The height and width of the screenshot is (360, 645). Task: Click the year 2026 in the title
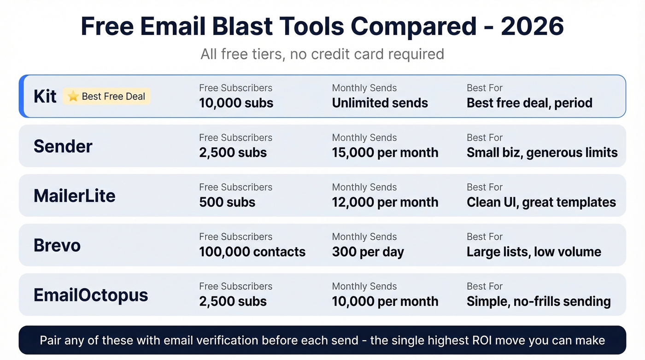[532, 26]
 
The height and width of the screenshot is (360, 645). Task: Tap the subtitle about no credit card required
[322, 54]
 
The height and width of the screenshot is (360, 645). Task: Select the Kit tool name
[45, 96]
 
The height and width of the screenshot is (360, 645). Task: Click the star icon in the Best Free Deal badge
[73, 96]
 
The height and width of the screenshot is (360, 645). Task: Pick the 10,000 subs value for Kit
[236, 103]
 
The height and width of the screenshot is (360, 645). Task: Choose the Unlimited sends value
[380, 103]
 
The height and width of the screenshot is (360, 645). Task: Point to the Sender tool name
[63, 146]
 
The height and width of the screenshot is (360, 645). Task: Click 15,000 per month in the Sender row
[385, 153]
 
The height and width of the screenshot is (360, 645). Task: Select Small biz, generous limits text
[542, 153]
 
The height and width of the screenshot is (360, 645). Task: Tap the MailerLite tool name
[75, 195]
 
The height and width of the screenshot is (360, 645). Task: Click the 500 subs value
[227, 202]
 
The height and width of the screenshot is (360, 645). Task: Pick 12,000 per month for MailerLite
[385, 202]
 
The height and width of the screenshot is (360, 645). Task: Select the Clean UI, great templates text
[541, 202]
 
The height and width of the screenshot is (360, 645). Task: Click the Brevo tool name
[57, 245]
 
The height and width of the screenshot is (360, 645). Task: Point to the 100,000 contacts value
[252, 252]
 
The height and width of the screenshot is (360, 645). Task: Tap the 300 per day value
[368, 252]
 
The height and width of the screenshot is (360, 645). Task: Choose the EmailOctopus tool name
[91, 295]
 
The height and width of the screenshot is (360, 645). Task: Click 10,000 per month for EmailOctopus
[385, 301]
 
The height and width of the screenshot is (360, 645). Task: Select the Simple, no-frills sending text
[538, 301]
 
